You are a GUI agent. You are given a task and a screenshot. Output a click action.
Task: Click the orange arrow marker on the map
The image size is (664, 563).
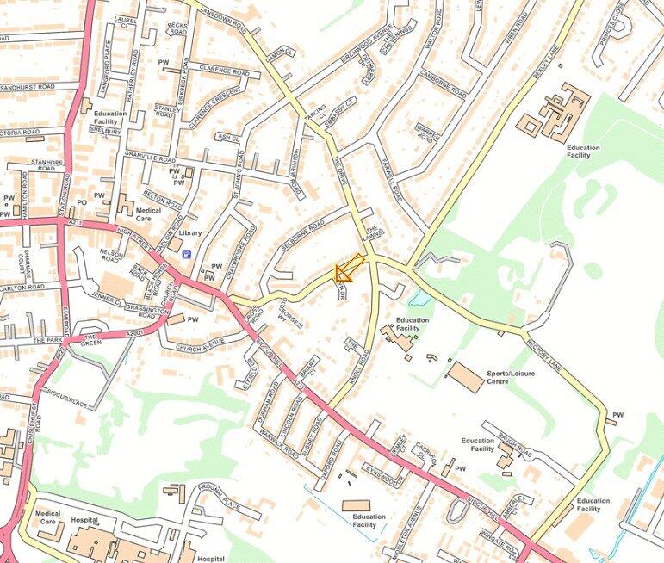(x=348, y=269)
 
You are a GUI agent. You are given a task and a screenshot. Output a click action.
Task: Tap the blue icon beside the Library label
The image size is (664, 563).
(x=187, y=253)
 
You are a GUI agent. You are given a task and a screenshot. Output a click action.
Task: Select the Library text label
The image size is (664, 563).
(x=191, y=232)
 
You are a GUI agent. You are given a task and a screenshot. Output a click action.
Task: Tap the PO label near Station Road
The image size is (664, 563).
(x=81, y=203)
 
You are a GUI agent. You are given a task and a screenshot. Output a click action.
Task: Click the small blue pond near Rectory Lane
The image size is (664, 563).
(x=420, y=299)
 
